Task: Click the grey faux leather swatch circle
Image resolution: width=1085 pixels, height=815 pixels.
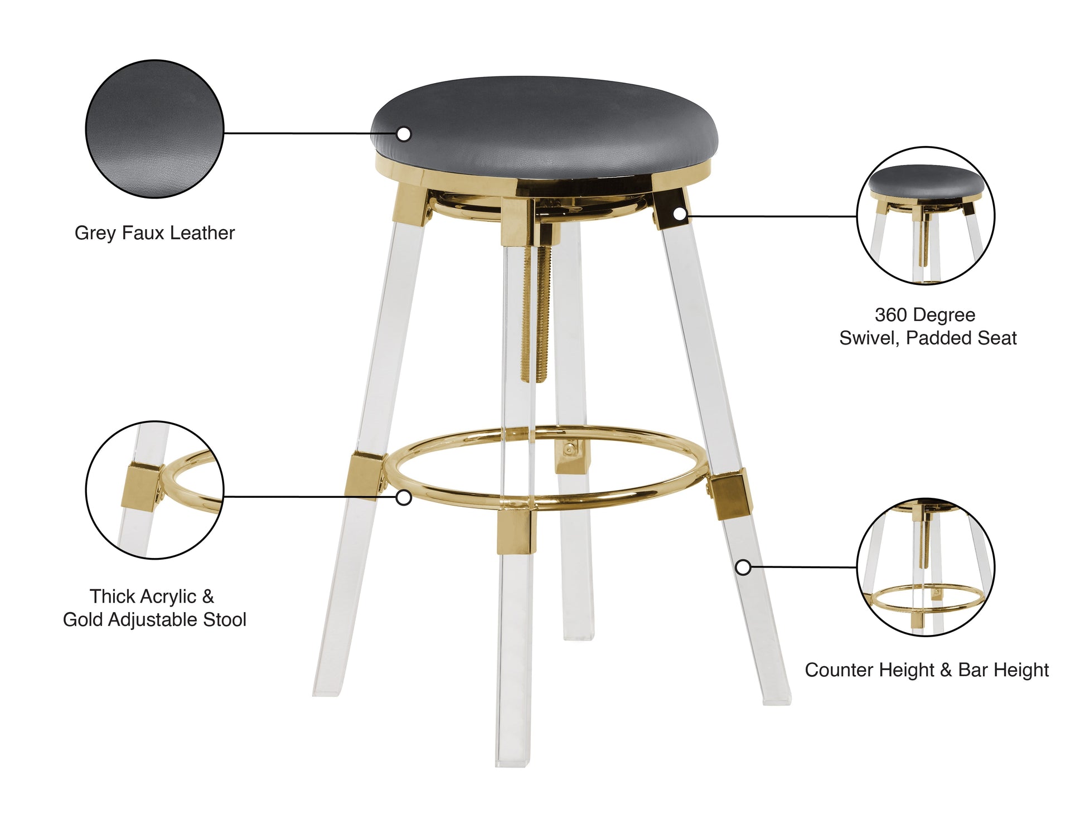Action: click(154, 129)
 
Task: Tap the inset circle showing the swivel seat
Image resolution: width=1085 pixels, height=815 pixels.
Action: click(926, 216)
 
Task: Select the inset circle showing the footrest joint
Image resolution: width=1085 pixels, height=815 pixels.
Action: click(154, 490)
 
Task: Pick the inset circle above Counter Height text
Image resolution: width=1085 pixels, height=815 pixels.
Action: click(926, 567)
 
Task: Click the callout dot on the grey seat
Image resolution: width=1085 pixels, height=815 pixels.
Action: click(404, 134)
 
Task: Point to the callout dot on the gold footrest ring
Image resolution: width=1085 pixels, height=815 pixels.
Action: click(404, 498)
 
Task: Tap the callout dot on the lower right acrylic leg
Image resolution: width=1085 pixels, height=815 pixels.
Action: click(743, 567)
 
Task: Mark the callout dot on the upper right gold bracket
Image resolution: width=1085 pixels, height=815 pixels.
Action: click(679, 214)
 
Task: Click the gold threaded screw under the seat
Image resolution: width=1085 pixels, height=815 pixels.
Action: click(536, 312)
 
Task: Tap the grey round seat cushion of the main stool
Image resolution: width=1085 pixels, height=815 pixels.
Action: click(544, 123)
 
